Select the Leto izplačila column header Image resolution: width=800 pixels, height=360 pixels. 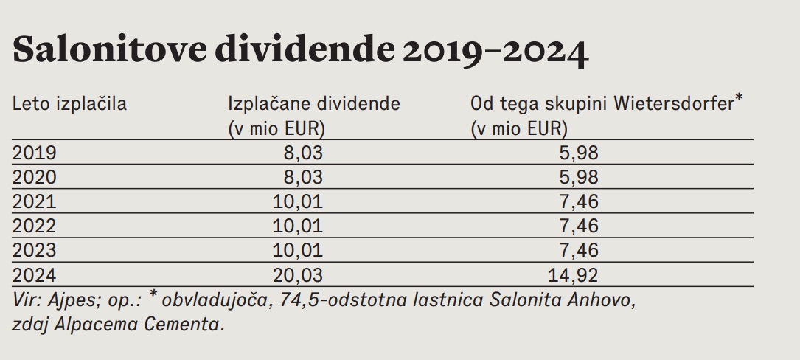click(x=69, y=104)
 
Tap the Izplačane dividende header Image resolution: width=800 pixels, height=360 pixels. click(x=314, y=104)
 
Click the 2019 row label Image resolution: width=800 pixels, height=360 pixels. click(x=35, y=153)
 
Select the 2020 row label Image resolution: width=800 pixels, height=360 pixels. click(x=35, y=177)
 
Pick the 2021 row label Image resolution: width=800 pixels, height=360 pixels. click(x=35, y=201)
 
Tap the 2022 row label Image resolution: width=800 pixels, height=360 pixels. click(x=35, y=226)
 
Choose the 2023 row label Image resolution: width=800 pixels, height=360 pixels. click(x=35, y=250)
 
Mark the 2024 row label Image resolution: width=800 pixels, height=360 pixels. click(x=35, y=275)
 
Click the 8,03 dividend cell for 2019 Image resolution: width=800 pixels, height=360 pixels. click(x=303, y=153)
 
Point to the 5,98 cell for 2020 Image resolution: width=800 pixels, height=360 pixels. click(x=578, y=177)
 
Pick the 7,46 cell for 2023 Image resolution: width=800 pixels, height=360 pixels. click(x=578, y=250)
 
